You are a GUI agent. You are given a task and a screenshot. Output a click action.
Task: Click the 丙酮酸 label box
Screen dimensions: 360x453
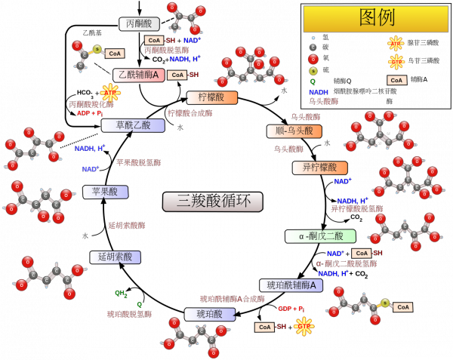coord(139,24)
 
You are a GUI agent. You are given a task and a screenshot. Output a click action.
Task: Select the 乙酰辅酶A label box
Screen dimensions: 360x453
coord(139,75)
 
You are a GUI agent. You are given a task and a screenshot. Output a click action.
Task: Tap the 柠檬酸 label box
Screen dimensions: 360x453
coord(211,97)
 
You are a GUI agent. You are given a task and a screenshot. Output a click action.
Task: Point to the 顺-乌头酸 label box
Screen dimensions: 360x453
coord(294,131)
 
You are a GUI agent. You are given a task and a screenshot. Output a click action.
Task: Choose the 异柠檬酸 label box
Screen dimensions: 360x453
coord(319,168)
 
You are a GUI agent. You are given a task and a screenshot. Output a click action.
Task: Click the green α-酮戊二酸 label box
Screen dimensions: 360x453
coord(320,236)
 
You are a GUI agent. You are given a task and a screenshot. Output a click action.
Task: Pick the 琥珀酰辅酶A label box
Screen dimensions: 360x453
coord(291,285)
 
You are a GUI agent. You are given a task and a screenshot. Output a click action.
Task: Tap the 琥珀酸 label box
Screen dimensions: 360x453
coord(209,314)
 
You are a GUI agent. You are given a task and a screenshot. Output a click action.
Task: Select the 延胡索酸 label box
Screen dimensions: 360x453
coord(115,257)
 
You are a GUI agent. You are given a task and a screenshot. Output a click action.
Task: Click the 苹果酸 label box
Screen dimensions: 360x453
coord(105,192)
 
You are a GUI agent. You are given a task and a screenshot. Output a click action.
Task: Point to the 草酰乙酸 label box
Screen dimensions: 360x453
coord(132,125)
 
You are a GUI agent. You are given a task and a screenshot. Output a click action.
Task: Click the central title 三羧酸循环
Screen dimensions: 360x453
coord(212,201)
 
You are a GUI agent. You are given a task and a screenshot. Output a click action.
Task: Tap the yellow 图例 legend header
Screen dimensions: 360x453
coord(375,17)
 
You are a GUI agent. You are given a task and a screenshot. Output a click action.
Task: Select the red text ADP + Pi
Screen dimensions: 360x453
coord(90,113)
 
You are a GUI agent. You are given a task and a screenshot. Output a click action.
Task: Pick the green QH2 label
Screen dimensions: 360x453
coord(121,294)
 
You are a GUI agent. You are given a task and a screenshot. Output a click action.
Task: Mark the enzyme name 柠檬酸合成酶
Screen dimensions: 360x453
coord(190,113)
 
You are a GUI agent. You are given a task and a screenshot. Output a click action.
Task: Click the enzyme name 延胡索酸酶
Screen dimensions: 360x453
coord(126,225)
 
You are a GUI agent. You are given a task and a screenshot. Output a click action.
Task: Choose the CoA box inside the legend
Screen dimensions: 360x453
coord(396,80)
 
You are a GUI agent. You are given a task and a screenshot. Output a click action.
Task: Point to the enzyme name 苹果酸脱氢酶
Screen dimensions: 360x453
coord(138,162)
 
